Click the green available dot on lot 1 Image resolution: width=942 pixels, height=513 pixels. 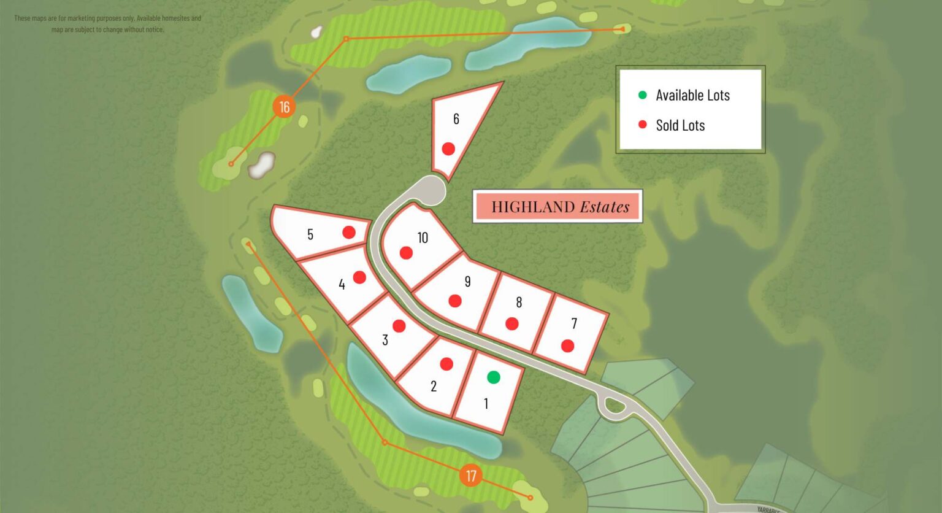[x=494, y=377]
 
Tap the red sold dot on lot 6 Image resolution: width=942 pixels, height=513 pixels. [x=448, y=148]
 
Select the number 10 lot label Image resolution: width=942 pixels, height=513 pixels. [x=423, y=238]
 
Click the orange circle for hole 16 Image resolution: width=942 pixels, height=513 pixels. [x=284, y=107]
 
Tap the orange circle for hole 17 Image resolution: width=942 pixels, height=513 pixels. [x=470, y=476]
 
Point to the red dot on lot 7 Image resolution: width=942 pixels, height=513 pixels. [x=567, y=345]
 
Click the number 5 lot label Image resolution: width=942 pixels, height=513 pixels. [x=310, y=234]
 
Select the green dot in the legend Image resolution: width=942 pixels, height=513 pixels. [x=642, y=95]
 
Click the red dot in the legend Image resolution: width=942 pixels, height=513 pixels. [x=642, y=125]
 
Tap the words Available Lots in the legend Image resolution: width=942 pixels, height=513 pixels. [x=692, y=95]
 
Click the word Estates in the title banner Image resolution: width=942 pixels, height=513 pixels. [x=605, y=207]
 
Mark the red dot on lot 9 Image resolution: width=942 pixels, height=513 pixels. [x=454, y=301]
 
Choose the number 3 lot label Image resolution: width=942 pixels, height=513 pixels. [x=385, y=340]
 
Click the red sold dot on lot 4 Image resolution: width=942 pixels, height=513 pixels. [x=359, y=277]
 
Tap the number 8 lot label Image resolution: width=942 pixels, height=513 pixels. [x=519, y=302]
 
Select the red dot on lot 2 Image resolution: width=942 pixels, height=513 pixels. [x=446, y=364]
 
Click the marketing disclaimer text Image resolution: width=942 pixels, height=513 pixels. [x=108, y=24]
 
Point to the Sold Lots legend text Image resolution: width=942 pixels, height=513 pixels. [x=680, y=125]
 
